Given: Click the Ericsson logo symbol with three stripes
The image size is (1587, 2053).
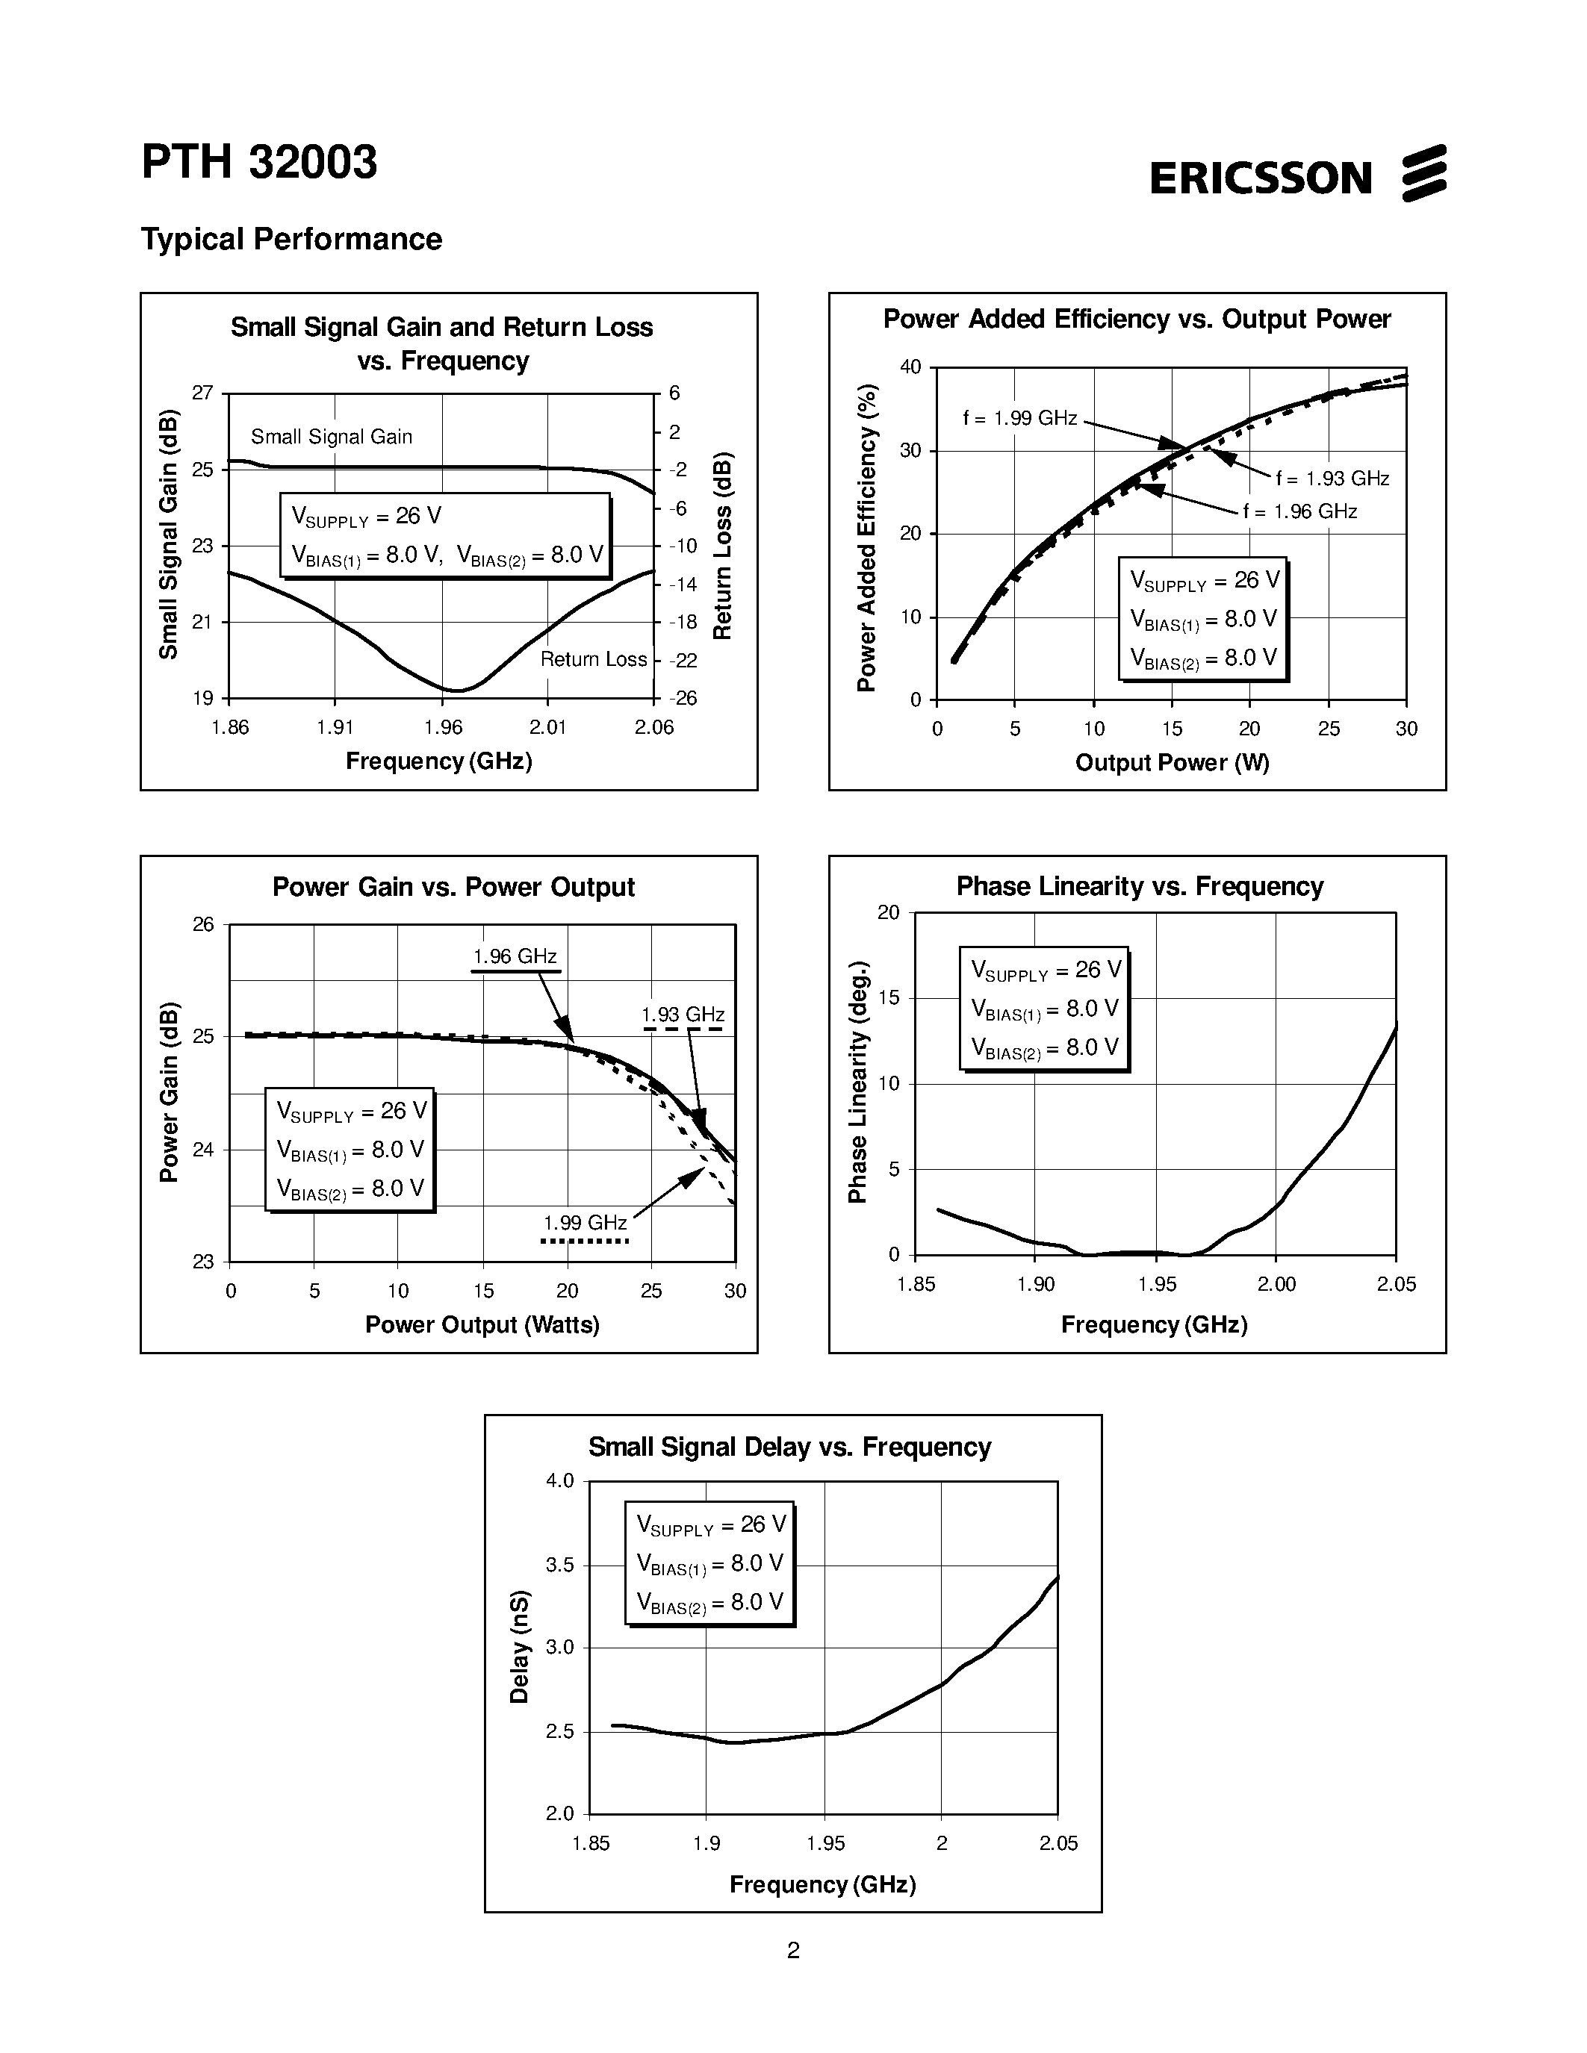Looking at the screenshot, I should [1423, 173].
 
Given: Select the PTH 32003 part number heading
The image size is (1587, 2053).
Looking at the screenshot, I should [259, 162].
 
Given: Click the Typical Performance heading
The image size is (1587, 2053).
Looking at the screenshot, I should [291, 239].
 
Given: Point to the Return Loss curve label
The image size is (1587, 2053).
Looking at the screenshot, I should [593, 659].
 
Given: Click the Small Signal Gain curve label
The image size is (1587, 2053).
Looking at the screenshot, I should [331, 436].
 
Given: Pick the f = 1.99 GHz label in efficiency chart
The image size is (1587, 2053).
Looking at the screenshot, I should [1019, 418].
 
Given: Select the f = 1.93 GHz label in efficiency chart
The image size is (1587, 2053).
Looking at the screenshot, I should [1332, 479].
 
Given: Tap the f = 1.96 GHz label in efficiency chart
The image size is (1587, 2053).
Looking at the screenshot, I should [1299, 511].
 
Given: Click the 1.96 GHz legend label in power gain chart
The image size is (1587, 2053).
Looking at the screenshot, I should [515, 956].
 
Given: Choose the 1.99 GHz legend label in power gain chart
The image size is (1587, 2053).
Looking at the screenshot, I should [585, 1222].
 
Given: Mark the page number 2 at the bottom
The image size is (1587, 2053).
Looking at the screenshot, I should [793, 1951].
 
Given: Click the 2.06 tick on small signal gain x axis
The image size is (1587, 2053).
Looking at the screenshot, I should [653, 726].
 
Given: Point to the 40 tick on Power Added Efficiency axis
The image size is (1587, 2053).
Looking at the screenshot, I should [910, 367].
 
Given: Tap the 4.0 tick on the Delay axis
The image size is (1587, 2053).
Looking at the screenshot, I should [559, 1480].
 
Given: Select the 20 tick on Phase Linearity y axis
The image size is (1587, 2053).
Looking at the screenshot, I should [889, 912].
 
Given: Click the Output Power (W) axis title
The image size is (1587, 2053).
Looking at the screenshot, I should [1172, 762].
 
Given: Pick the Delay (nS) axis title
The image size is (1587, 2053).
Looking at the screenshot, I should [519, 1646].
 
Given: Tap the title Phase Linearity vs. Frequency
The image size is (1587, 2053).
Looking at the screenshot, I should [1140, 886].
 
